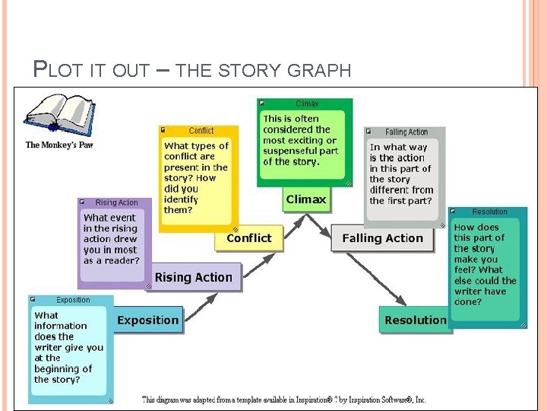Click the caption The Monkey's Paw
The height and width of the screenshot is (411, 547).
(59, 145)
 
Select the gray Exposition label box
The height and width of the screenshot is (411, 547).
(147, 320)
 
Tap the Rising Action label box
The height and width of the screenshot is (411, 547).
(194, 278)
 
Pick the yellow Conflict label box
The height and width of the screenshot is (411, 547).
(248, 238)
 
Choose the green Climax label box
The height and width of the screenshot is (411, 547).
(306, 200)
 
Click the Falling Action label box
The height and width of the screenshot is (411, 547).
(382, 238)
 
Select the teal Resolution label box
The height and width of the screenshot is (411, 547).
(416, 320)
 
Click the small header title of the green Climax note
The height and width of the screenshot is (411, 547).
(307, 104)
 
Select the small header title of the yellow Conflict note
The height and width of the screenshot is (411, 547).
(201, 131)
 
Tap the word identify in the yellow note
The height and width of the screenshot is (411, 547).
(181, 199)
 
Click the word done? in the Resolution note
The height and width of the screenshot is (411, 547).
(468, 301)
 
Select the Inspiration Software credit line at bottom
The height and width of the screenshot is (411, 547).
(284, 399)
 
